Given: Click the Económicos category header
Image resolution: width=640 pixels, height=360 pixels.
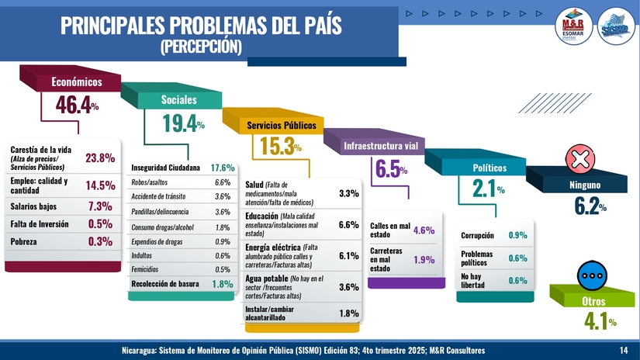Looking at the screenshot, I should point(77,81).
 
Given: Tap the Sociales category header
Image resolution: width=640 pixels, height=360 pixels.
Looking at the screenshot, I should point(178,99).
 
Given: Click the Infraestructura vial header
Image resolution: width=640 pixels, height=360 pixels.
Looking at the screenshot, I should point(381,146).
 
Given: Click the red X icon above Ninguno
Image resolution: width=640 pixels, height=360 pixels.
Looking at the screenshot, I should point(579,160).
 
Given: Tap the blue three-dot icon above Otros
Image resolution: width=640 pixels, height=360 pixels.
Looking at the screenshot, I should point(593,275).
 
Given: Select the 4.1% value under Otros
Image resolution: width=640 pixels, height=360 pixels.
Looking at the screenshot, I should point(600,321).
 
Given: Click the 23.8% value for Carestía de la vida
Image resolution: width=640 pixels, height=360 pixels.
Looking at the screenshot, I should point(100,157).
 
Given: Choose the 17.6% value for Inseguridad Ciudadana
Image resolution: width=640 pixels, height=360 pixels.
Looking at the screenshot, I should point(223,168).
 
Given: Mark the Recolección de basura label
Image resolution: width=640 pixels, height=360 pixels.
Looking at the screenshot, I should point(165,284).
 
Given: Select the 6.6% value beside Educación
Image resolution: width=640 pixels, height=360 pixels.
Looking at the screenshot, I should point(348,224).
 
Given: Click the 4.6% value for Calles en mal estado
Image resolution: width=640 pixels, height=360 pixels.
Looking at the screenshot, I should point(424,230).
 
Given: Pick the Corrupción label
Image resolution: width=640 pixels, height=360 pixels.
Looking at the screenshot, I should point(478,235).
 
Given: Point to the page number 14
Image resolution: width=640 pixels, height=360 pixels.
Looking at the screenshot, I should point(624,351).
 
